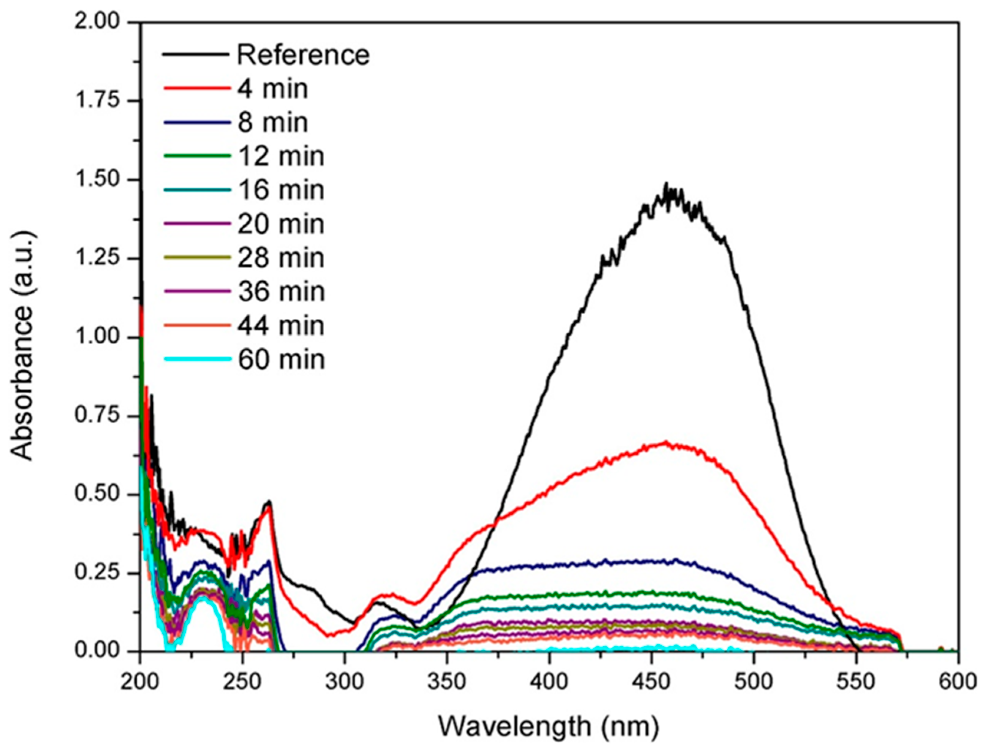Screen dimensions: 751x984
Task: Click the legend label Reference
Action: pos(303,55)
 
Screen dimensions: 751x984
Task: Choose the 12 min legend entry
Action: pos(280,157)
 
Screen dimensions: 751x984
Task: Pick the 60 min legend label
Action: pos(280,360)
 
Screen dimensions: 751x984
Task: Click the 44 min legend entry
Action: pos(280,326)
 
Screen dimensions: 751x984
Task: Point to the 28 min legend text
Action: pos(280,258)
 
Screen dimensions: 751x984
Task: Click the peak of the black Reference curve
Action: pos(666,184)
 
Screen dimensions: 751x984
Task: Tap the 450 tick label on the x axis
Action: pos(651,682)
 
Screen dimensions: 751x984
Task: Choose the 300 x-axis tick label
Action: pos(345,682)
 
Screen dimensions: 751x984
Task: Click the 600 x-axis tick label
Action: pos(958,682)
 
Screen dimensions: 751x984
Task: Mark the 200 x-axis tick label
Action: pos(140,682)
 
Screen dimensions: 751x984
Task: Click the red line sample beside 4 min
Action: pos(197,89)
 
